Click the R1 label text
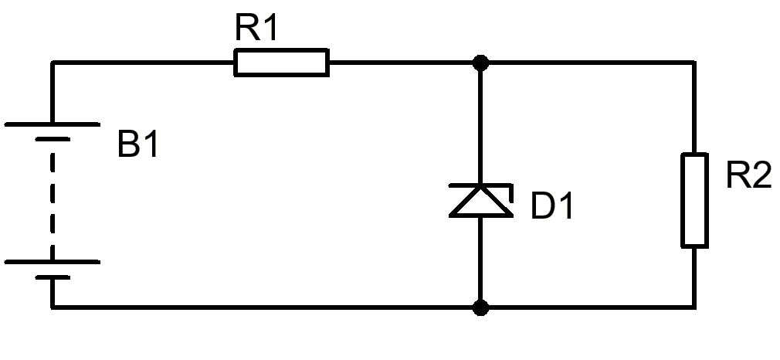tap(256, 28)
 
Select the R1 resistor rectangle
tap(281, 63)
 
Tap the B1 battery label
tap(137, 144)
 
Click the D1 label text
tap(552, 205)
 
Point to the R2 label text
tap(748, 175)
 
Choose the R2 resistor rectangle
tap(694, 200)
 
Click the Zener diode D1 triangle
tap(480, 201)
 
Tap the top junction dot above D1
tap(480, 63)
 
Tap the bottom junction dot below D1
tap(480, 307)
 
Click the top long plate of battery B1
tap(53, 124)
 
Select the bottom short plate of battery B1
tap(53, 277)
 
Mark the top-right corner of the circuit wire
tap(694, 63)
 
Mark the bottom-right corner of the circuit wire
tap(694, 307)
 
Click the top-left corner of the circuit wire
tap(53, 63)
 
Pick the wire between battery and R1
tap(144, 63)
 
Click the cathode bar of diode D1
tap(480, 185)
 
